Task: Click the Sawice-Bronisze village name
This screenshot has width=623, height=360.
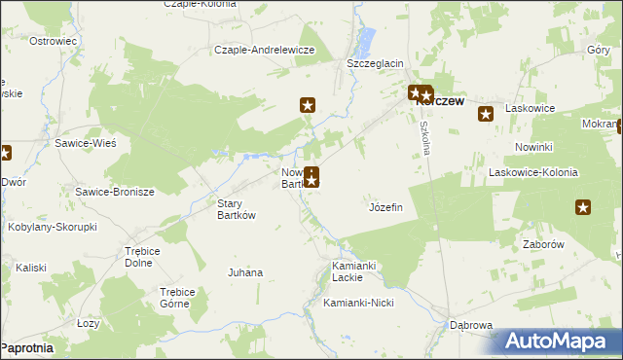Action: [x=115, y=192]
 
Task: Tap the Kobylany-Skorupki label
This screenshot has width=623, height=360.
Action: [x=52, y=226]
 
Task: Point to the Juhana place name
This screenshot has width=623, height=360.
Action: [x=245, y=272]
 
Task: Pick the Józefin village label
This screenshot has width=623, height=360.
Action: [x=386, y=207]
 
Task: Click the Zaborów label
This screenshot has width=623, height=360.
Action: [x=544, y=245]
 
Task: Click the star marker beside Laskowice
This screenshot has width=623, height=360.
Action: [x=486, y=115]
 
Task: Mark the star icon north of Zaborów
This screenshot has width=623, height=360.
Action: [x=583, y=206]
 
